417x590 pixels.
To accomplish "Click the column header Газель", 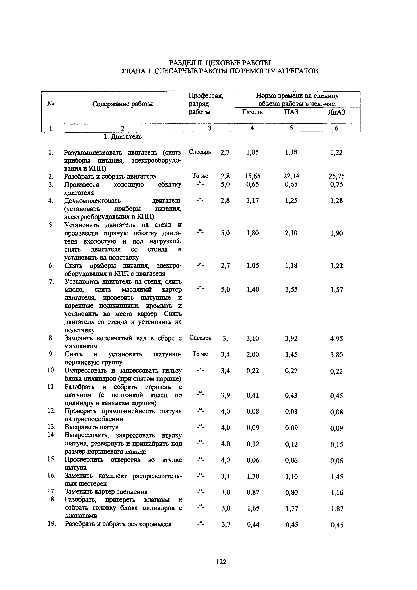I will coord(252,112).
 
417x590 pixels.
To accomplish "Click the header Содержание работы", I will coord(122,104).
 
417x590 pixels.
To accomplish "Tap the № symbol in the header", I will coord(51,104).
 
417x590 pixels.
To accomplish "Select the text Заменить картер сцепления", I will coord(106,492).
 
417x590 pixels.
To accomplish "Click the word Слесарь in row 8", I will coord(200,338).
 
